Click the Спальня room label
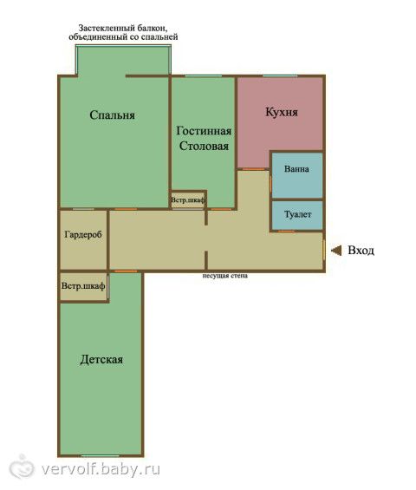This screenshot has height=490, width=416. [x=112, y=115]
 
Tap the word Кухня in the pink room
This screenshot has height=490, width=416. [x=282, y=112]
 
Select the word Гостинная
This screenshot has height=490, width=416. [x=204, y=131]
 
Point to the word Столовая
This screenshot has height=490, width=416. [x=204, y=146]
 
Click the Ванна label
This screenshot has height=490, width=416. [x=296, y=169]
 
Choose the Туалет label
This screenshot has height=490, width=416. [x=297, y=214]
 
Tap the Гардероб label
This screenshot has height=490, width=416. [x=83, y=234]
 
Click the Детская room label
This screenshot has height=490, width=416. [x=101, y=359]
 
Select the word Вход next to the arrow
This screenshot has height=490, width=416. [x=361, y=251]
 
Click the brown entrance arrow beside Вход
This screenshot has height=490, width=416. [x=336, y=251]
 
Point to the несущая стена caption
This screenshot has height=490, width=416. [x=224, y=276]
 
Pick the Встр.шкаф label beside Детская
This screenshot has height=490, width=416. [x=83, y=286]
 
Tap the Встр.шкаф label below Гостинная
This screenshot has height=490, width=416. [x=188, y=200]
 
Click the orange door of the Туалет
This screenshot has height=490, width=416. [x=286, y=232]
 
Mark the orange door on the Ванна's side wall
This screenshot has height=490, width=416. [x=270, y=184]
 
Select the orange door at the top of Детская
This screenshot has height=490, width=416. [x=126, y=271]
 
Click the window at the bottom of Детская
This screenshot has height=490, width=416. [x=101, y=456]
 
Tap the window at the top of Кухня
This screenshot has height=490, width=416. [x=280, y=76]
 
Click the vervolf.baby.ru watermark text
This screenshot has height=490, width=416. [x=101, y=469]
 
